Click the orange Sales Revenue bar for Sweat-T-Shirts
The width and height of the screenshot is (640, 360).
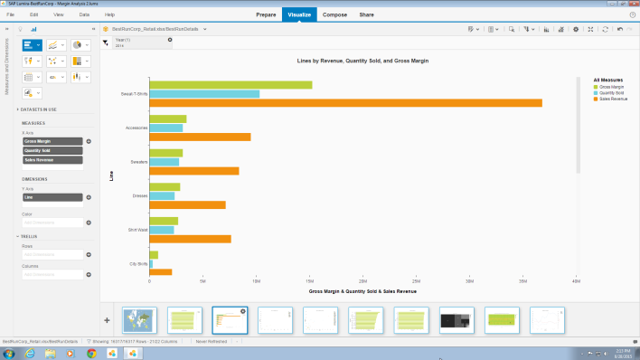coord(344,103)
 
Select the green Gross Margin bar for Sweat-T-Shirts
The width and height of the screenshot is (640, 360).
coord(231,85)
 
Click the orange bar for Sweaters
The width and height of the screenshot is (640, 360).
coord(193,171)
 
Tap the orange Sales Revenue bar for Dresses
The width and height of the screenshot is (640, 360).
coord(187,204)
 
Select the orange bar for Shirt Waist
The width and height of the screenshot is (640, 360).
coord(190,239)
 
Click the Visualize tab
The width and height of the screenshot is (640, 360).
coord(298,15)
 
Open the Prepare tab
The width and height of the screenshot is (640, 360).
coord(266,15)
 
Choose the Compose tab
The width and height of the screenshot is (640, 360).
coord(334,15)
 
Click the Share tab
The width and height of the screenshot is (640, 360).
coord(366,15)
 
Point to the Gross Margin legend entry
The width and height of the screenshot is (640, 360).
coord(610,86)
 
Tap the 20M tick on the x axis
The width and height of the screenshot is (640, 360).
coord(362,281)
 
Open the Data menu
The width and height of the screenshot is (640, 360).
coord(84,15)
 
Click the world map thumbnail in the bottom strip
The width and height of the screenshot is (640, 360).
coord(139,319)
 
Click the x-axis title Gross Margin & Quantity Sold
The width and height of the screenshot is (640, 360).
coord(362,292)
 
